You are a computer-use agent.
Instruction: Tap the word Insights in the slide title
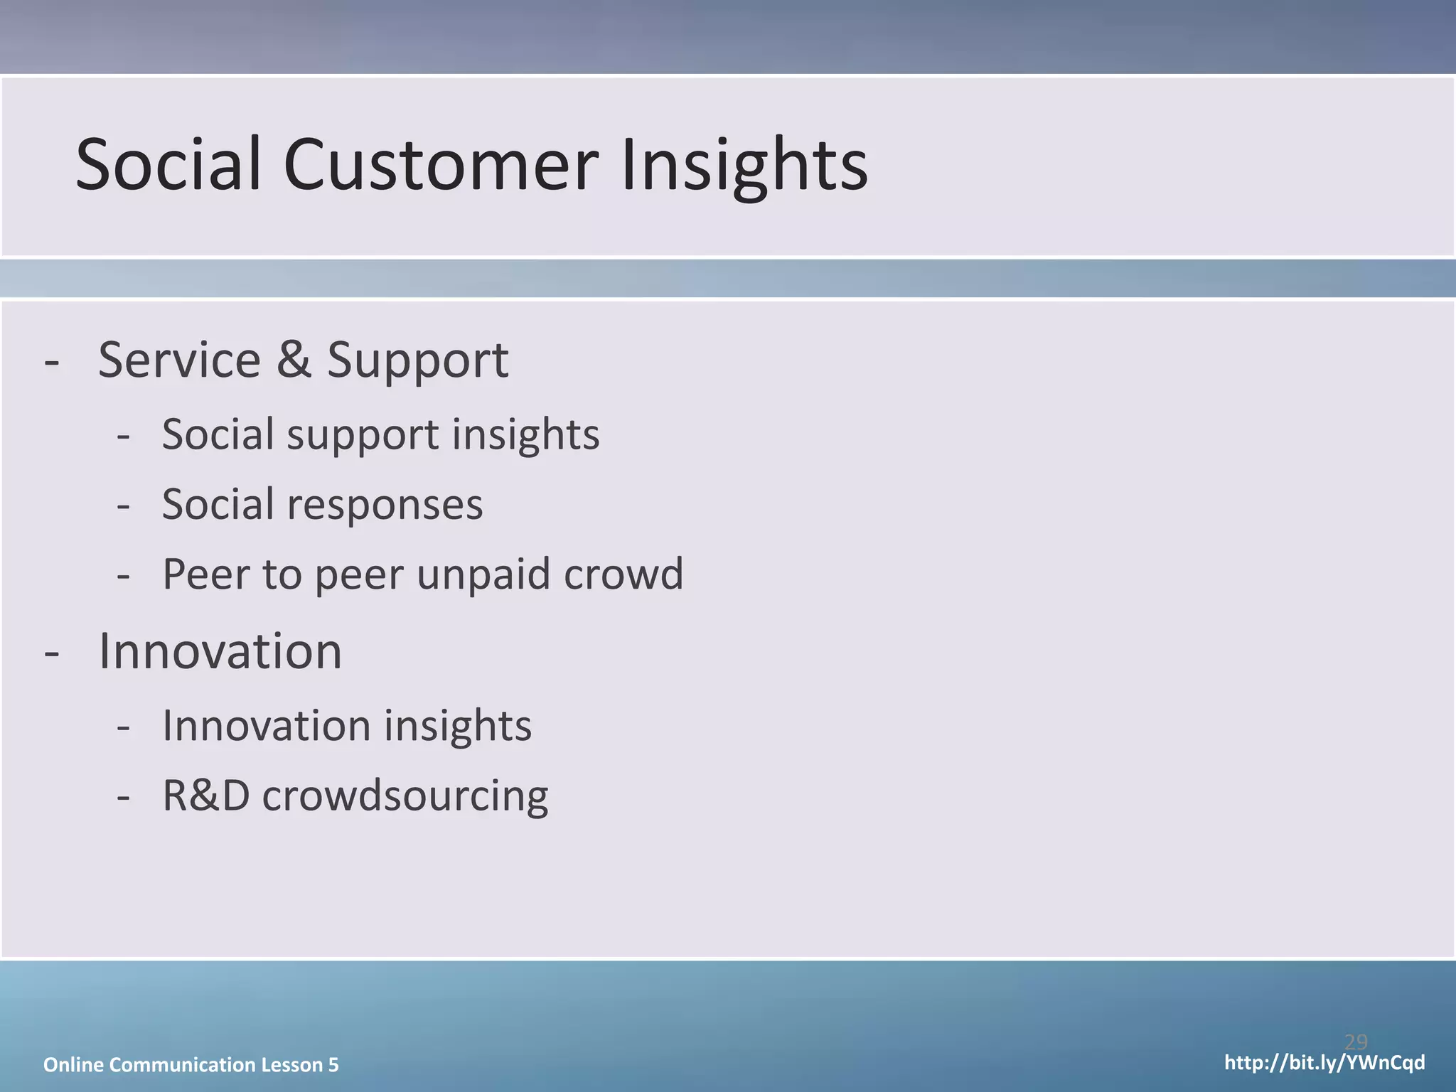pyautogui.click(x=744, y=165)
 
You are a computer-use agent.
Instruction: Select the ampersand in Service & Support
pyautogui.click(x=294, y=360)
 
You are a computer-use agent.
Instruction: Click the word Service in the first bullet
pyautogui.click(x=179, y=360)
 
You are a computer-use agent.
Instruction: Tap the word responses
pyautogui.click(x=385, y=505)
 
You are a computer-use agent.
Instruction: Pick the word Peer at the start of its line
pyautogui.click(x=205, y=574)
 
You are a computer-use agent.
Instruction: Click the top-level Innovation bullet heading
pyautogui.click(x=220, y=651)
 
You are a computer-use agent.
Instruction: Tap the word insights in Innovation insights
pyautogui.click(x=458, y=726)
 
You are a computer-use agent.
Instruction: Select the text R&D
pyautogui.click(x=206, y=796)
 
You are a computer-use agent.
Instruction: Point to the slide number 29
pyautogui.click(x=1356, y=1042)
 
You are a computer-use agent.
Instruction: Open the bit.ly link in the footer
pyautogui.click(x=1324, y=1063)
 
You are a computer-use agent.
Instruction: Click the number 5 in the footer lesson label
pyautogui.click(x=333, y=1065)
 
